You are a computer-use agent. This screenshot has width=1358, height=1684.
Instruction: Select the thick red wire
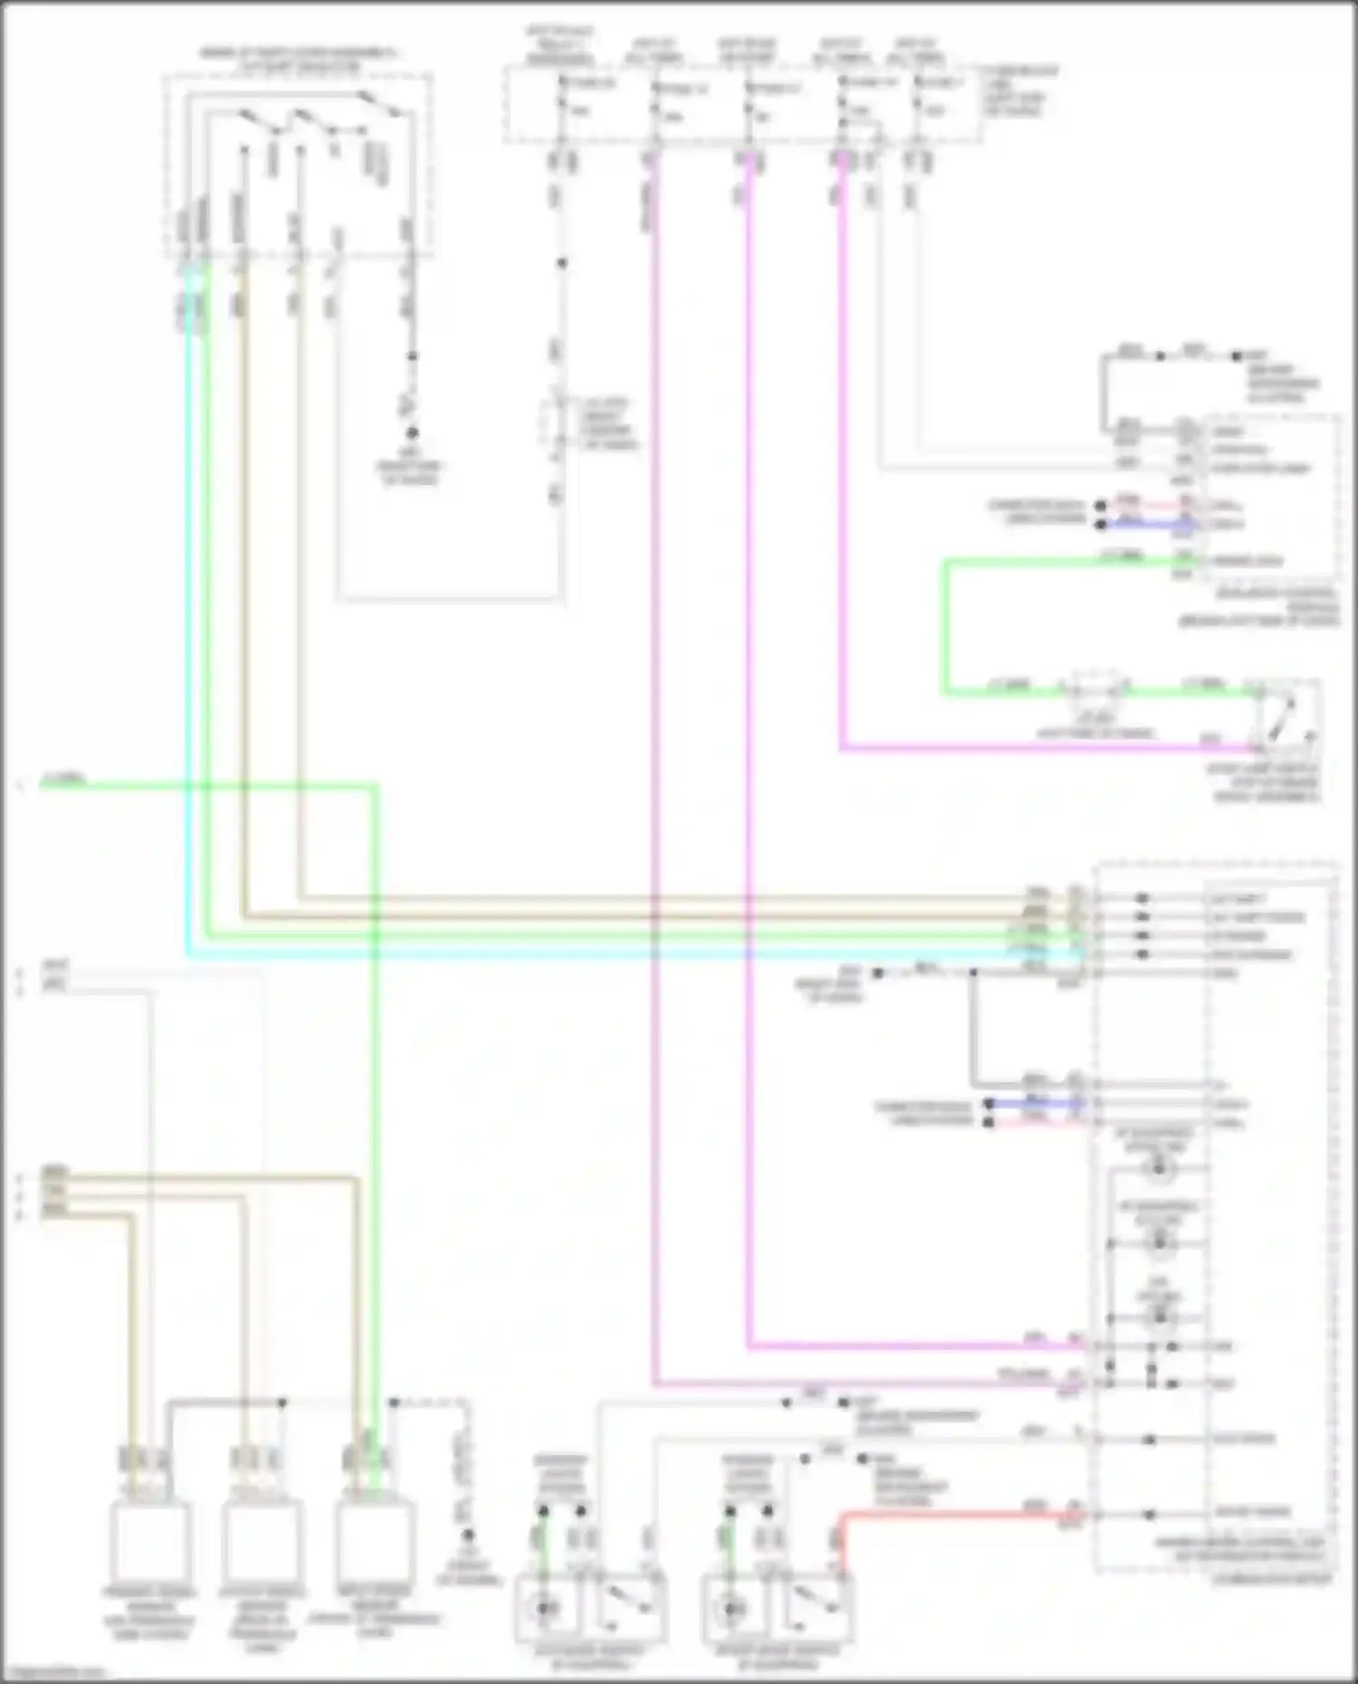(951, 1512)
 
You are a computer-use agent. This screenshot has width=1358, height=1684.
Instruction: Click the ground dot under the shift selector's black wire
(412, 433)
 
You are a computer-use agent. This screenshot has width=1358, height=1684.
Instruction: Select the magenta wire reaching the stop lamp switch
(1041, 748)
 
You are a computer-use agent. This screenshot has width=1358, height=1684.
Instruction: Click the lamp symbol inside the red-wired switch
(732, 1607)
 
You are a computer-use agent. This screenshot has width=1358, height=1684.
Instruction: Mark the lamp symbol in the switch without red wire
(546, 1607)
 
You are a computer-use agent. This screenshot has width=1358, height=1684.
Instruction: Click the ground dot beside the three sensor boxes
(468, 1535)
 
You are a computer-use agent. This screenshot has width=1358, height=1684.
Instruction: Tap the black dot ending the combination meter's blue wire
(989, 1104)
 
